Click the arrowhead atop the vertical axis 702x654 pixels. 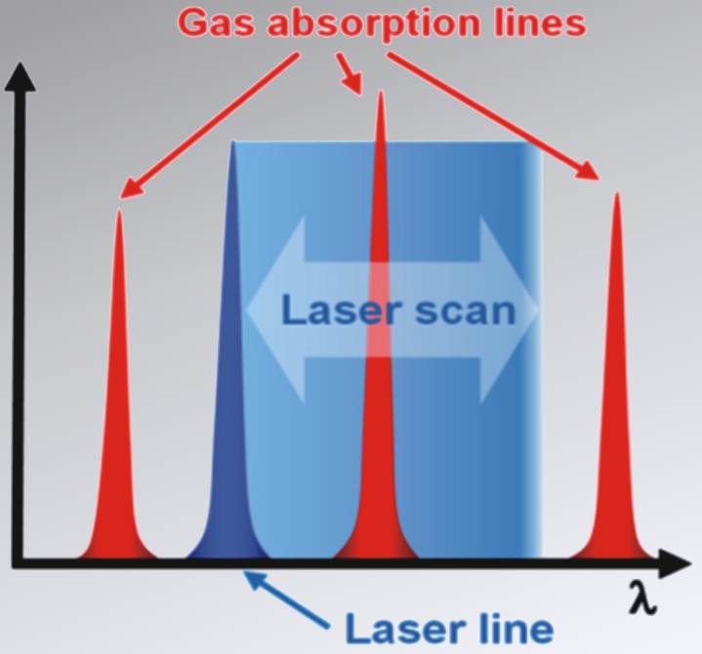click(20, 78)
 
